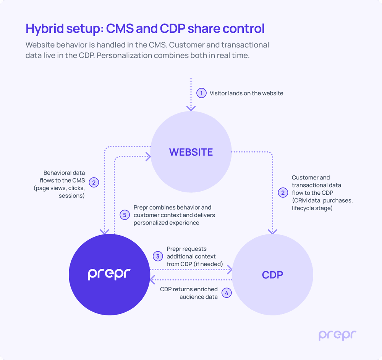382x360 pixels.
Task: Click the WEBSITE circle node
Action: coord(191,152)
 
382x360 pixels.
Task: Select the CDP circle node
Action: coord(272,275)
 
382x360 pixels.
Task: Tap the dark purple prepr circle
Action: coord(109,274)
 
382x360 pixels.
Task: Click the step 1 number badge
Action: coord(201,93)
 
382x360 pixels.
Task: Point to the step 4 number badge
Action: coord(227,293)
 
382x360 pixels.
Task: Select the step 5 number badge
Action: coord(125,215)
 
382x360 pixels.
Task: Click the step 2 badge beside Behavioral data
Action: coord(94,182)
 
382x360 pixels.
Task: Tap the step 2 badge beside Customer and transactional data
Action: coord(283,193)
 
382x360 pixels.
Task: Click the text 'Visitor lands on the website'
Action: coord(246,93)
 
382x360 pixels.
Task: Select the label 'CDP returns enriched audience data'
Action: coord(189,293)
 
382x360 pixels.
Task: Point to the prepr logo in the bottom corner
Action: coord(337,335)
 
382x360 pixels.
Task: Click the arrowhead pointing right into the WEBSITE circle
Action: coord(148,156)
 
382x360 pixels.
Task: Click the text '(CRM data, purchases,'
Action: coord(322,200)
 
